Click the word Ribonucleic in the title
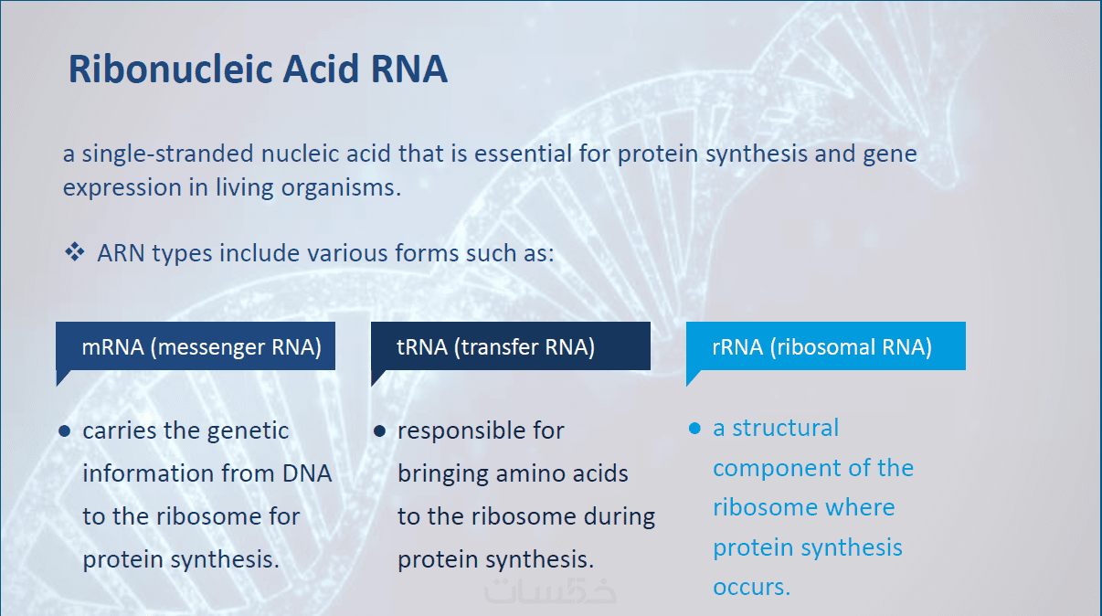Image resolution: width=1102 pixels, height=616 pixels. coord(171,69)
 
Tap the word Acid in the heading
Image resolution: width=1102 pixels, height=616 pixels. coord(321,69)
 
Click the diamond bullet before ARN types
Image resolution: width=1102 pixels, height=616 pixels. coord(75,252)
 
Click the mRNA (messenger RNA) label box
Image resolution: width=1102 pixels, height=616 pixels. coord(196,347)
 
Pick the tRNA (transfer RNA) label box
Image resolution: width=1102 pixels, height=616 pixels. coord(511,347)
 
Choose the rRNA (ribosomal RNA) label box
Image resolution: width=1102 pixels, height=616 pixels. coord(826,347)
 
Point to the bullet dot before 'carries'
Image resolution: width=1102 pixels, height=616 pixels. coord(65,431)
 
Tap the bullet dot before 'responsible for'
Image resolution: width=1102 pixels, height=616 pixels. coord(379,431)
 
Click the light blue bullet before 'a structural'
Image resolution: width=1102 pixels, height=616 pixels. coord(694,429)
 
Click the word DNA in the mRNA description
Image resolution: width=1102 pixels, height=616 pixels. coord(307,473)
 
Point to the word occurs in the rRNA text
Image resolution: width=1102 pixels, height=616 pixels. coord(751,588)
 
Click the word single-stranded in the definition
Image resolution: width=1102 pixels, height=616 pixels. coord(167,154)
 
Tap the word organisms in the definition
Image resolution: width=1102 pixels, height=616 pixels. coord(341,188)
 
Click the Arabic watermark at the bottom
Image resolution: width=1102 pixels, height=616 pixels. coord(550,590)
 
